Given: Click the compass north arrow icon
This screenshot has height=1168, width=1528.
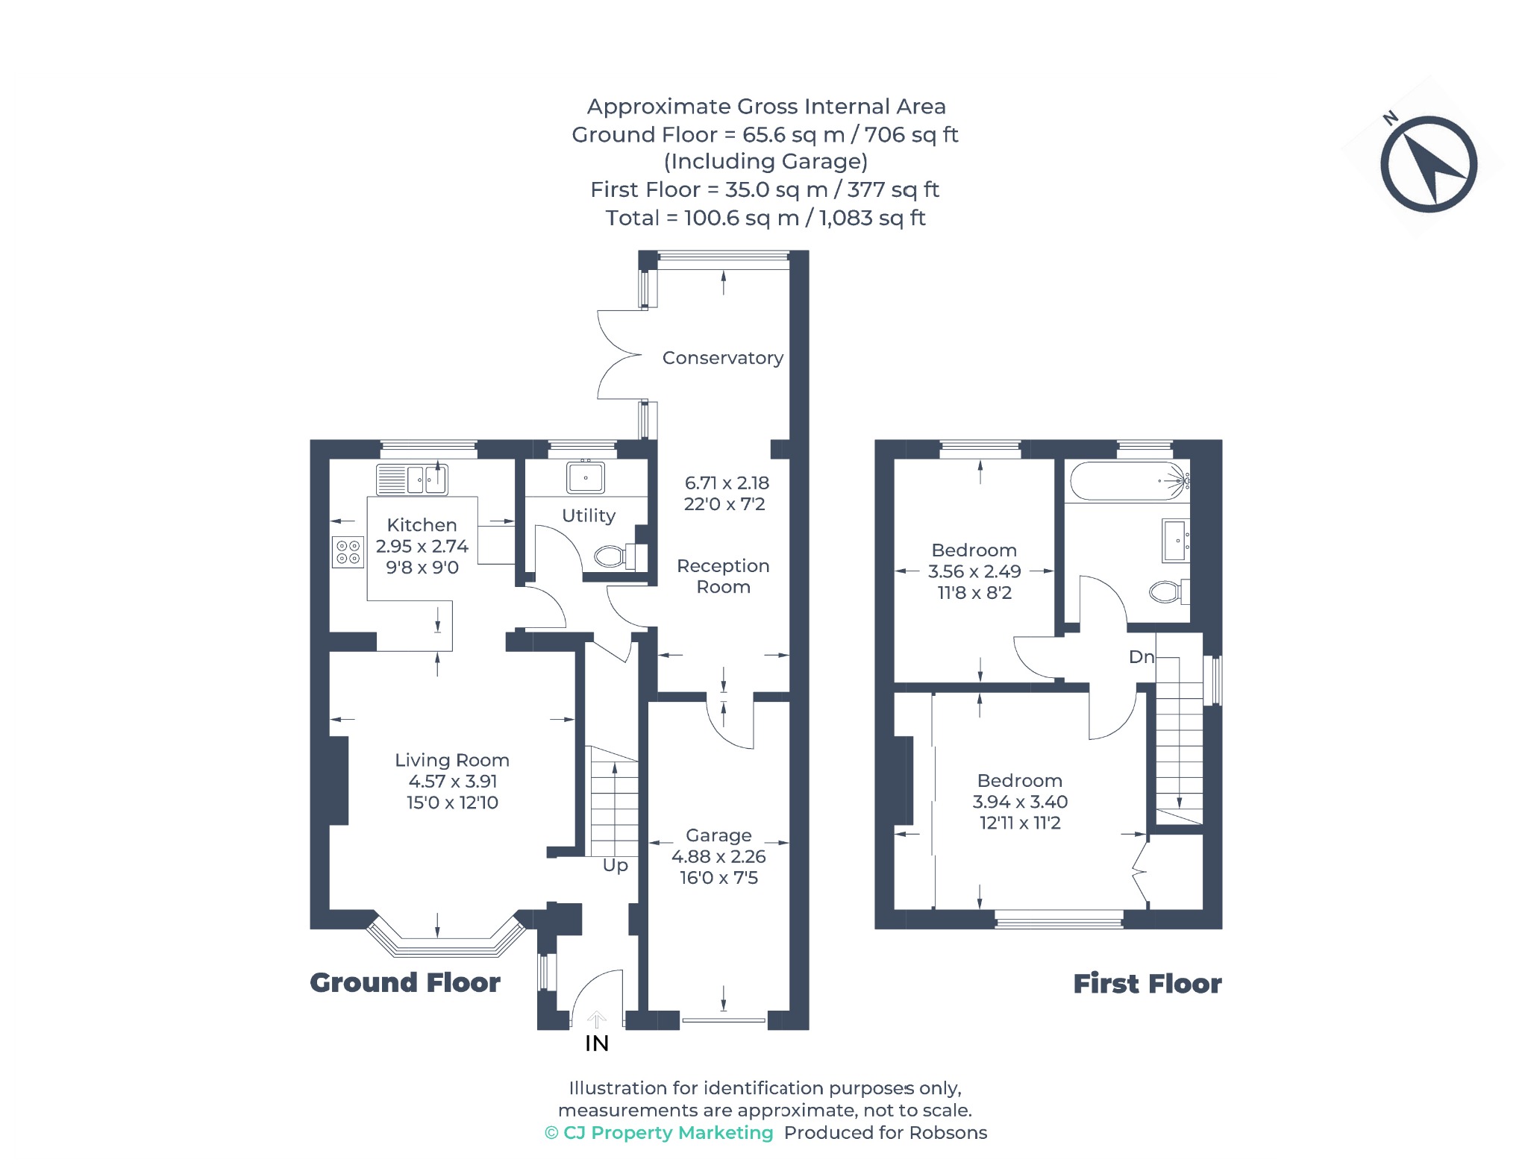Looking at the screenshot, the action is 1428,164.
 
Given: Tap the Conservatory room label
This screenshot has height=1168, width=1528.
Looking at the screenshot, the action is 723,358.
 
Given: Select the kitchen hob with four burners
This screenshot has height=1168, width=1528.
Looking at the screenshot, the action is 348,552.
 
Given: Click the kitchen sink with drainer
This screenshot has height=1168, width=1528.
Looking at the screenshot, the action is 412,480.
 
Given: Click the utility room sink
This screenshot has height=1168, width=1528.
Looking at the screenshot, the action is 586,477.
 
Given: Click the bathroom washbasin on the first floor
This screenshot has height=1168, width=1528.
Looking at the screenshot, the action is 1175,541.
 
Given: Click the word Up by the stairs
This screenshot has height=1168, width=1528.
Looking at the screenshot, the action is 616,865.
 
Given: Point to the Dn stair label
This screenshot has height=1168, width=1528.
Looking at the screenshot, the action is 1142,657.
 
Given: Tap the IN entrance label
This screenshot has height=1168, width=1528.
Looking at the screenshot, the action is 597,1043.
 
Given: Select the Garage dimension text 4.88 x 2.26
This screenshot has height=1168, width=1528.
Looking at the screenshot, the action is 718,856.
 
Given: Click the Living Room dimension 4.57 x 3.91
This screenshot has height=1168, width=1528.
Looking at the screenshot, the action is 453,781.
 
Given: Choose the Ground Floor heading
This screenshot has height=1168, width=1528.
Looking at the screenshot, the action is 405,983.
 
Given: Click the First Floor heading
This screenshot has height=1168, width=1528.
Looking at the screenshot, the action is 1147,984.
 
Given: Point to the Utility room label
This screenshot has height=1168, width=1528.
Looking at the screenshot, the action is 589,516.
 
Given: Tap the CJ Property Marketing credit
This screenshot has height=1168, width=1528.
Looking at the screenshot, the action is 660,1133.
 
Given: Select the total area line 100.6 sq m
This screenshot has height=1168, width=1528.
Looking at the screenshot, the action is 765,218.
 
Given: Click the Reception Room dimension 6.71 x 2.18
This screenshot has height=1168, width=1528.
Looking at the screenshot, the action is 727,483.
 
